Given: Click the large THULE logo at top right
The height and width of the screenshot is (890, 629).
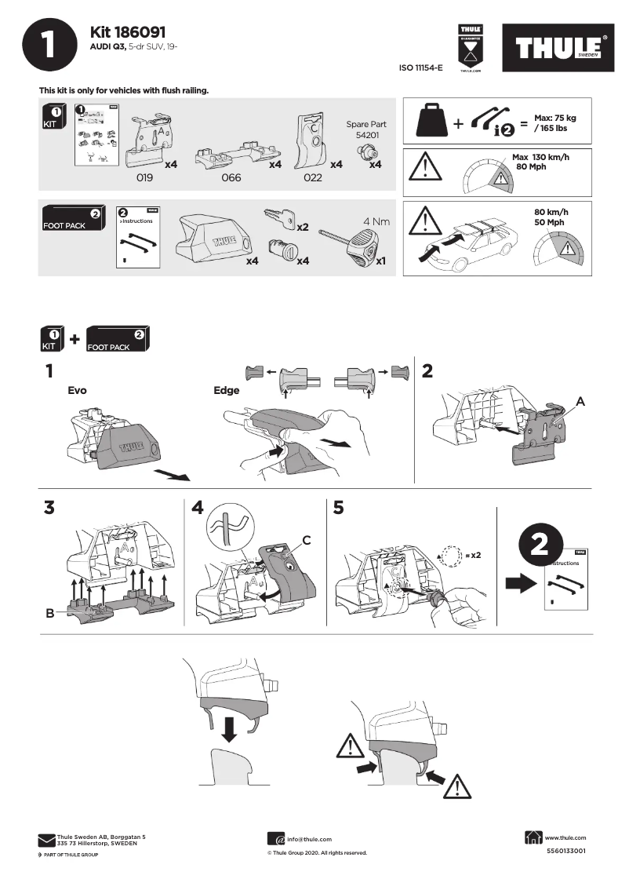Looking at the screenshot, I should [x=558, y=49].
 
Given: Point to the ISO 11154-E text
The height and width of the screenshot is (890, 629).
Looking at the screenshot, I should [x=421, y=68].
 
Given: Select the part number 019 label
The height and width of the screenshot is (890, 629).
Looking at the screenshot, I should [x=144, y=178].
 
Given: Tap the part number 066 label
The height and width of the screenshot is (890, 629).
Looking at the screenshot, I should [x=231, y=178].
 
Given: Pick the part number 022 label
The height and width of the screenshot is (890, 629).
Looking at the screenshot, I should [x=312, y=178].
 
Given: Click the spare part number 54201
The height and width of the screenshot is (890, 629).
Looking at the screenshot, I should [x=366, y=135].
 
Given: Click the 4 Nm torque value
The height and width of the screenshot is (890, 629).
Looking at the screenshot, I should [x=376, y=221].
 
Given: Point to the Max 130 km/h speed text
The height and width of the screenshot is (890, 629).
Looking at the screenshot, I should [x=540, y=162].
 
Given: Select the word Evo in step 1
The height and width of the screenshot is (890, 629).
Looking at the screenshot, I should [x=77, y=390].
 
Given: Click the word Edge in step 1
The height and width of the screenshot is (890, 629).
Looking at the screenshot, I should [x=227, y=390].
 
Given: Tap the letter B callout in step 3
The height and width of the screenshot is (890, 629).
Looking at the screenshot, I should [x=49, y=614].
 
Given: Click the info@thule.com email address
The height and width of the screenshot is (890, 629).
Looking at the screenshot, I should [x=309, y=839].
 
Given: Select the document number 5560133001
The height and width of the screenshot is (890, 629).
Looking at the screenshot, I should [x=565, y=851].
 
